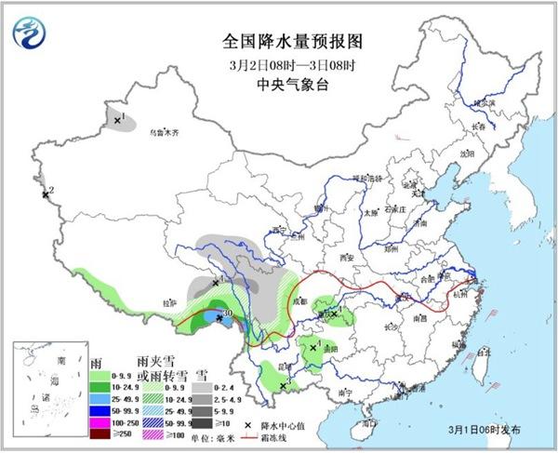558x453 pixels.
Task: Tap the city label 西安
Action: [348, 256]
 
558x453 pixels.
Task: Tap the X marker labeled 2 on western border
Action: [44, 194]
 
